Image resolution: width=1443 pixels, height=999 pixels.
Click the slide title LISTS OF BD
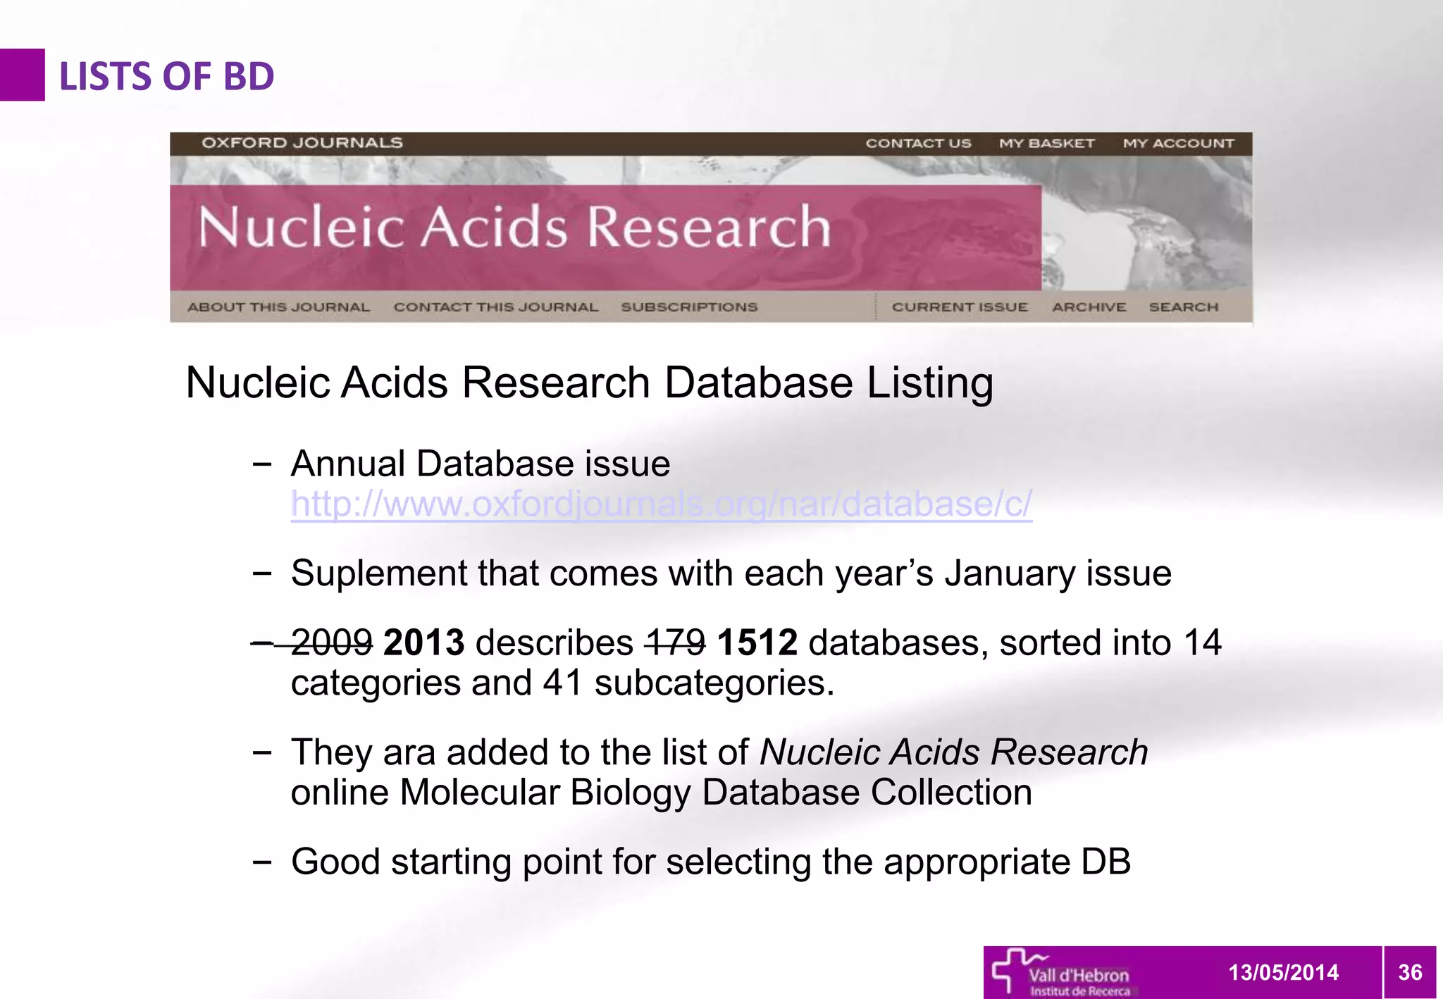tap(166, 76)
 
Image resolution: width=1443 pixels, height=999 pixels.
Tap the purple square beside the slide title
tap(22, 75)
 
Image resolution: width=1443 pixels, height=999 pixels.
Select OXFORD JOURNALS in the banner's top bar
tap(302, 143)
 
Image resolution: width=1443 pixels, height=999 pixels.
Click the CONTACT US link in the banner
tap(918, 144)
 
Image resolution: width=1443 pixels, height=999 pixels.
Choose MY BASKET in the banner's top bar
tap(1046, 144)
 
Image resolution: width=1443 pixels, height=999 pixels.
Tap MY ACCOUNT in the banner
tap(1178, 144)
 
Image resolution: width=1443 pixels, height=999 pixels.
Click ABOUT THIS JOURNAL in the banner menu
tap(278, 307)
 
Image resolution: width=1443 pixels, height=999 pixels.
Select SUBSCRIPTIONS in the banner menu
tap(688, 307)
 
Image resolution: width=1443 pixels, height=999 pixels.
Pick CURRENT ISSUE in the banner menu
tap(960, 307)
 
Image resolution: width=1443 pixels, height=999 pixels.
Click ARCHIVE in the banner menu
tap(1089, 307)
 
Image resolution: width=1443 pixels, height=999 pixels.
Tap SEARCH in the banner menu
tap(1183, 307)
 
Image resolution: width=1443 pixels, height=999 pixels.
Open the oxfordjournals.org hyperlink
tap(661, 504)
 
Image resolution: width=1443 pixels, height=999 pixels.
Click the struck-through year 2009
tap(331, 643)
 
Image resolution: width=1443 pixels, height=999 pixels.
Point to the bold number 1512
tap(757, 643)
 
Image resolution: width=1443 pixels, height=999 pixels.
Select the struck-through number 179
tap(675, 643)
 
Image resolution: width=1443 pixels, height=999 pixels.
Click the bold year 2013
tap(423, 643)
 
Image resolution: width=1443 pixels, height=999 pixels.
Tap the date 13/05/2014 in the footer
tap(1283, 972)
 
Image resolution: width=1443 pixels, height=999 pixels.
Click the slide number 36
tap(1410, 972)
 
